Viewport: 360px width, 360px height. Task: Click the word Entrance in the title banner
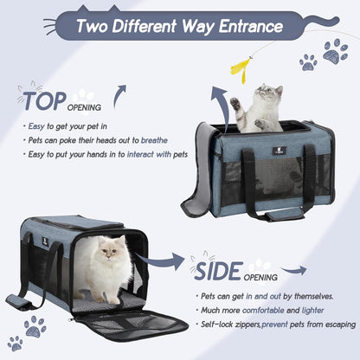click(251, 26)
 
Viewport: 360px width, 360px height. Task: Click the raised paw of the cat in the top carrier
click(235, 104)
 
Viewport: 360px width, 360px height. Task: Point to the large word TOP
click(45, 101)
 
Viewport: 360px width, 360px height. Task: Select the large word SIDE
click(218, 271)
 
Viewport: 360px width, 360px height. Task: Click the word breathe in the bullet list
click(154, 140)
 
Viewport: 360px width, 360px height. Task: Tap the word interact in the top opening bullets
click(140, 154)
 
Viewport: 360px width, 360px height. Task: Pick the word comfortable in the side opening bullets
click(263, 311)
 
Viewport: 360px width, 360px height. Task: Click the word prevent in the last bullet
click(274, 325)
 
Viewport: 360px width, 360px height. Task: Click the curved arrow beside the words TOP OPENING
click(119, 96)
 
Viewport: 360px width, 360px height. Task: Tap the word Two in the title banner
click(93, 26)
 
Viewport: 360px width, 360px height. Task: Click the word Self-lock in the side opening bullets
click(217, 325)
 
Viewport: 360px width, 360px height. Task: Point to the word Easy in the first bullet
click(36, 126)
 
